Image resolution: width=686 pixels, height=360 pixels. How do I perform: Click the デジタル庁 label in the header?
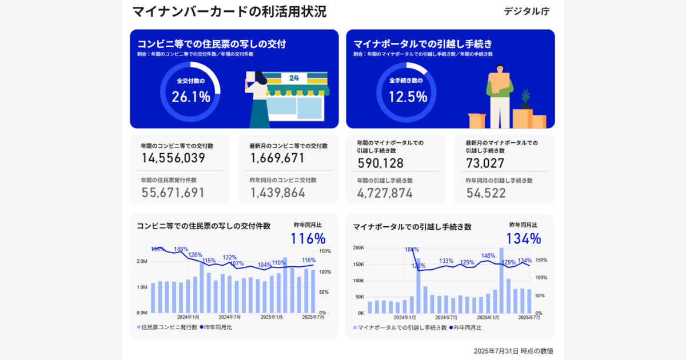(x=526, y=11)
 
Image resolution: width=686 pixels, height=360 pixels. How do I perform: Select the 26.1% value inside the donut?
(x=191, y=97)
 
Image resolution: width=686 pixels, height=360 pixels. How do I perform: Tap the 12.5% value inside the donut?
(x=408, y=97)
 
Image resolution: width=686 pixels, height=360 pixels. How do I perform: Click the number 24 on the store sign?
(x=293, y=78)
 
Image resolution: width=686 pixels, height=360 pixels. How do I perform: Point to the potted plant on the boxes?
(x=525, y=99)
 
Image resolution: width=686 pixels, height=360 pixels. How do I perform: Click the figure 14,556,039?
(x=173, y=158)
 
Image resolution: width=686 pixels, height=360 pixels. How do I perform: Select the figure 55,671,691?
(x=173, y=193)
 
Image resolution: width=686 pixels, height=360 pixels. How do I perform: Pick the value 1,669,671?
(x=277, y=158)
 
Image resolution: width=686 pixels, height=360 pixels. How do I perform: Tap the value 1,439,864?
(x=277, y=193)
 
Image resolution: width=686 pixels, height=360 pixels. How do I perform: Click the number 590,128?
(x=381, y=163)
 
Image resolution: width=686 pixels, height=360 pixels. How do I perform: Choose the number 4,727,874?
(x=385, y=193)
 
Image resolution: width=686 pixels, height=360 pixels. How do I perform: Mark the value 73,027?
(x=485, y=163)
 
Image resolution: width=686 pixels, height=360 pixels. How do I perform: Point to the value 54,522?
(x=486, y=193)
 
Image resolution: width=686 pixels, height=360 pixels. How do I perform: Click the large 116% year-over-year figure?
(x=308, y=238)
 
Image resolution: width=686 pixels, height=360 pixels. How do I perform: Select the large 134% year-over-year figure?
(x=523, y=239)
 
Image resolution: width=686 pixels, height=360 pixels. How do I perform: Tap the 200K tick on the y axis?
(x=358, y=248)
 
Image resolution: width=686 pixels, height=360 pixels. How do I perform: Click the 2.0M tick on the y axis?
(x=142, y=261)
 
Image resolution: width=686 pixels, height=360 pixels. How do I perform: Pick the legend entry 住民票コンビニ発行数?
(x=170, y=327)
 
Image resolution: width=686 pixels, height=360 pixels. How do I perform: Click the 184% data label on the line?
(x=412, y=250)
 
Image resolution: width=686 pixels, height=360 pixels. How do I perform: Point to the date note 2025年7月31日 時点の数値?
(x=513, y=351)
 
